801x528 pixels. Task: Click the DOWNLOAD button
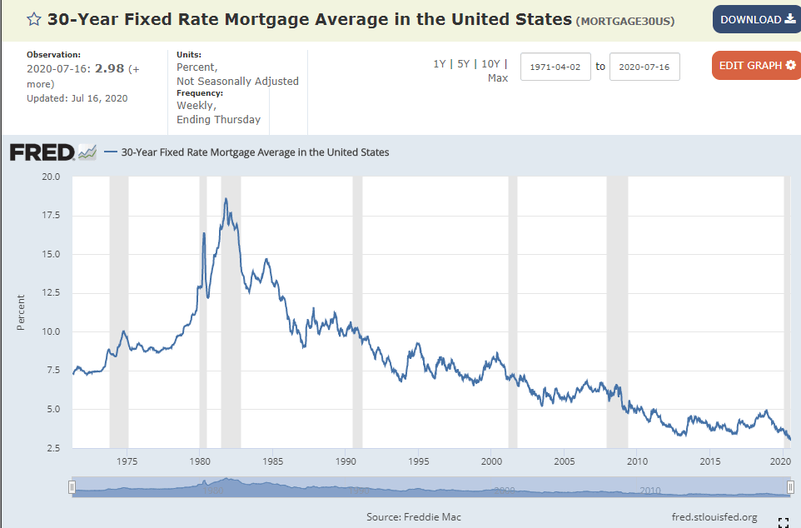pyautogui.click(x=757, y=19)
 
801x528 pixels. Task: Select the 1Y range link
pyautogui.click(x=439, y=64)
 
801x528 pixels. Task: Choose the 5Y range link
pyautogui.click(x=464, y=64)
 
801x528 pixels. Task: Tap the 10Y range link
pyautogui.click(x=491, y=64)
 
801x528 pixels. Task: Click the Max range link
pyautogui.click(x=498, y=78)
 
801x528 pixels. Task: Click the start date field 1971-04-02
pyautogui.click(x=555, y=67)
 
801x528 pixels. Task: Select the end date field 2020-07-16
pyautogui.click(x=644, y=67)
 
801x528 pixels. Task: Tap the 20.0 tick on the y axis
pyautogui.click(x=51, y=177)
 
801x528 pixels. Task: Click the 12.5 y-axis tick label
pyautogui.click(x=51, y=293)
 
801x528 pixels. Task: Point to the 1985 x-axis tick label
pyautogui.click(x=273, y=461)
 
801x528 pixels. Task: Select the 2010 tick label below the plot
pyautogui.click(x=637, y=461)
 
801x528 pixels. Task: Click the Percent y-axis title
pyautogui.click(x=21, y=312)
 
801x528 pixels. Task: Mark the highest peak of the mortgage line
pyautogui.click(x=226, y=199)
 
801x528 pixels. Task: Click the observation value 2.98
pyautogui.click(x=110, y=68)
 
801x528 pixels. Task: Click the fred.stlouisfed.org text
pyautogui.click(x=714, y=517)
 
